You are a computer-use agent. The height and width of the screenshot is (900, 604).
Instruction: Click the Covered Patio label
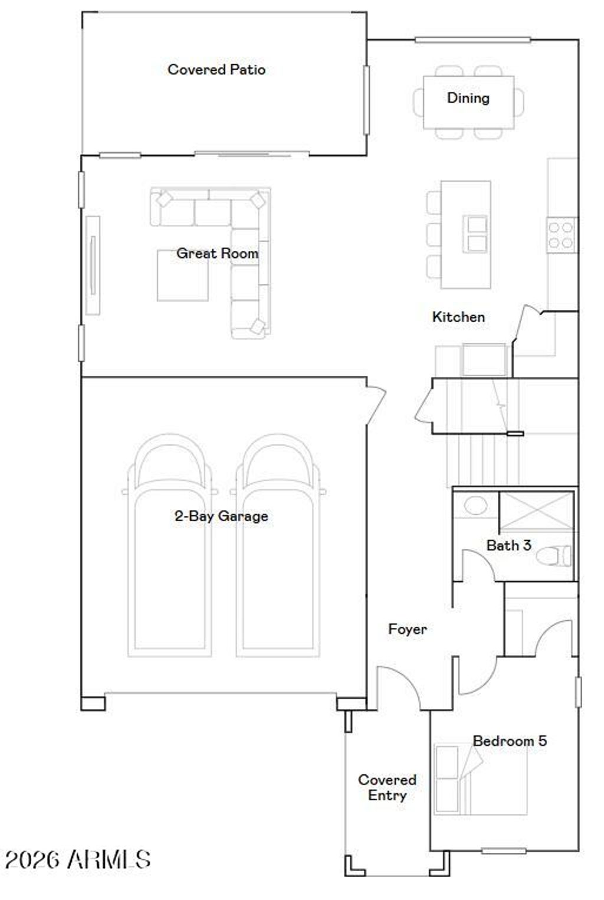click(216, 70)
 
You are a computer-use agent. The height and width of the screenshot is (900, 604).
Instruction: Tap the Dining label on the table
click(468, 98)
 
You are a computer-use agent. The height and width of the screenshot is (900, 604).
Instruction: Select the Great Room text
click(217, 254)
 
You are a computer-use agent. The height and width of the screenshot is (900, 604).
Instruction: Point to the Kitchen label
click(458, 317)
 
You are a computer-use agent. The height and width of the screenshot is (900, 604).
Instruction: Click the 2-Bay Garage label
click(221, 516)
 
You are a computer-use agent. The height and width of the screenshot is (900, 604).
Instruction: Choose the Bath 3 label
click(508, 545)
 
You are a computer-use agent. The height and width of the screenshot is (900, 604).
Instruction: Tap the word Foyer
click(407, 629)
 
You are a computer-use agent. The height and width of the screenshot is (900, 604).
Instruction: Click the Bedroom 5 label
click(510, 741)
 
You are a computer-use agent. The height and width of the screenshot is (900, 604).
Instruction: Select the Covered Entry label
click(387, 787)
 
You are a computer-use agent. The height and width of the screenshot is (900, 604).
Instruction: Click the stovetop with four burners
click(561, 235)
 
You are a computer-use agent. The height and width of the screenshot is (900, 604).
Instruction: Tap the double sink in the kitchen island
click(476, 233)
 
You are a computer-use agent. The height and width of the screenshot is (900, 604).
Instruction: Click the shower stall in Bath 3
click(536, 511)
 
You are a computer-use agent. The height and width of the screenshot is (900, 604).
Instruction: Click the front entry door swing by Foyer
click(398, 688)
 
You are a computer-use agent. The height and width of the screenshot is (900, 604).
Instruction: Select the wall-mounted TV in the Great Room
click(93, 265)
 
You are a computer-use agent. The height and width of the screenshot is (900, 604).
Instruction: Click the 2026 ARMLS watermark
click(78, 859)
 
